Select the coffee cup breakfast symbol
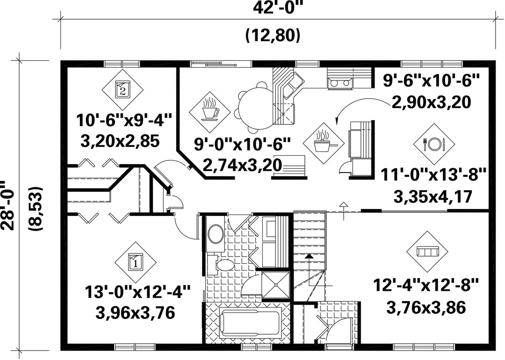coord(209,110)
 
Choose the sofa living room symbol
coord(427,251)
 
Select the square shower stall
coord(275,285)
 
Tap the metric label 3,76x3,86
coord(426,308)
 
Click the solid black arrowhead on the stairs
coord(309,256)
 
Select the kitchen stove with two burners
coord(340,83)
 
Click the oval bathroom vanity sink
coord(216,234)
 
